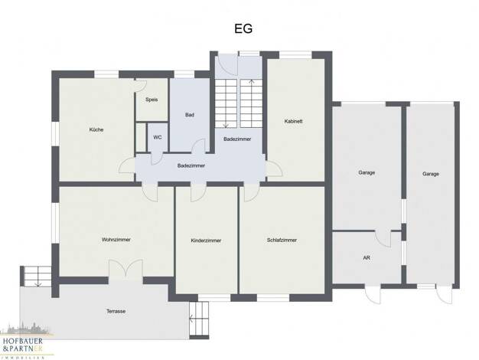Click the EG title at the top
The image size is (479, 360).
click(x=243, y=29)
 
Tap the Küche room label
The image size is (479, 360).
click(x=96, y=129)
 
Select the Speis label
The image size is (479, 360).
click(x=152, y=100)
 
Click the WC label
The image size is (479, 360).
click(x=158, y=137)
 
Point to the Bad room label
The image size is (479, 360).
click(x=190, y=115)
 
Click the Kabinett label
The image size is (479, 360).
click(x=293, y=121)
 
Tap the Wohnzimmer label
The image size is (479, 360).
click(x=116, y=240)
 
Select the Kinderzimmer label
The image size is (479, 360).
click(x=206, y=241)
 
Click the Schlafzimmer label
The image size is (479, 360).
click(x=282, y=240)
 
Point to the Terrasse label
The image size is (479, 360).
click(x=116, y=312)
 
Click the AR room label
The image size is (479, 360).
click(x=367, y=258)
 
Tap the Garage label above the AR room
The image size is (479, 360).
click(x=367, y=172)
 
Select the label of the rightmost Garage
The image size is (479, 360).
click(x=431, y=174)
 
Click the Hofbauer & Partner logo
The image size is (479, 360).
click(x=24, y=342)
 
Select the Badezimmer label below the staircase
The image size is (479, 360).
click(x=237, y=139)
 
